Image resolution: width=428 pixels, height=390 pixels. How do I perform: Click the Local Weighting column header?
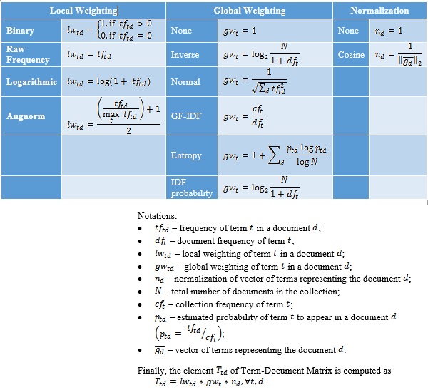[83, 11]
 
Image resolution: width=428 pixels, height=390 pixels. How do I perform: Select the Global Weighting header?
[250, 11]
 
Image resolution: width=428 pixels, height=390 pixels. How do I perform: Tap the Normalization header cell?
[380, 11]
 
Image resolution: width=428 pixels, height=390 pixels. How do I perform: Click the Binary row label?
[20, 31]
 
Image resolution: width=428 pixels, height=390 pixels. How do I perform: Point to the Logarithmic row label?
[31, 82]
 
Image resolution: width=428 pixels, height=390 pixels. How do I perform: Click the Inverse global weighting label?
[185, 55]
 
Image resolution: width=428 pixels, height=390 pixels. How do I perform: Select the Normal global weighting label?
[185, 82]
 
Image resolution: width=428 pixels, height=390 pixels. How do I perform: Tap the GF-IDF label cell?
[187, 116]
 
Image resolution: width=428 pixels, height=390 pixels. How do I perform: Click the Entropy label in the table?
[186, 155]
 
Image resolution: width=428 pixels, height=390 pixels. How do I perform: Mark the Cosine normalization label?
[352, 55]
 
